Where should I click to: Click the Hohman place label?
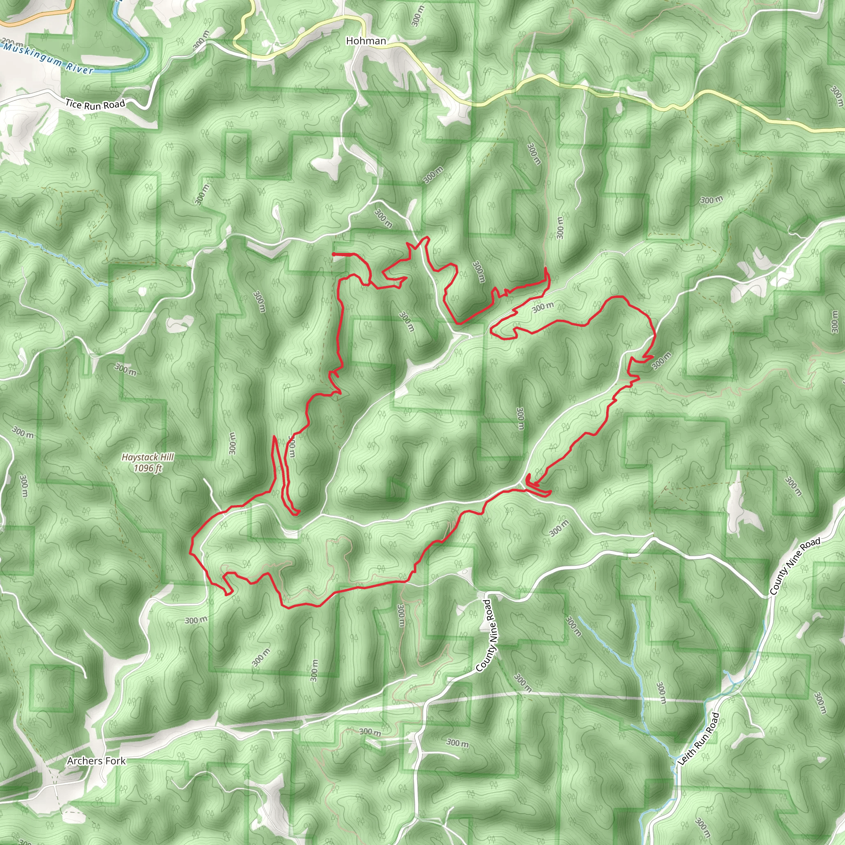tap(366, 41)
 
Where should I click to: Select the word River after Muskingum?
tap(80, 68)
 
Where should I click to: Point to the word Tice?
tap(73, 104)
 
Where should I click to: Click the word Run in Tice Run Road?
tap(93, 105)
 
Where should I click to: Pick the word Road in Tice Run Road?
tap(114, 104)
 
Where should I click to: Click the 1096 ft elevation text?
tap(148, 468)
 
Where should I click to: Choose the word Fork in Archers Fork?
tap(115, 761)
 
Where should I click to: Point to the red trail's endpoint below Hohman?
tap(334, 254)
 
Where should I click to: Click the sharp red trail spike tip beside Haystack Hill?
tap(274, 437)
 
